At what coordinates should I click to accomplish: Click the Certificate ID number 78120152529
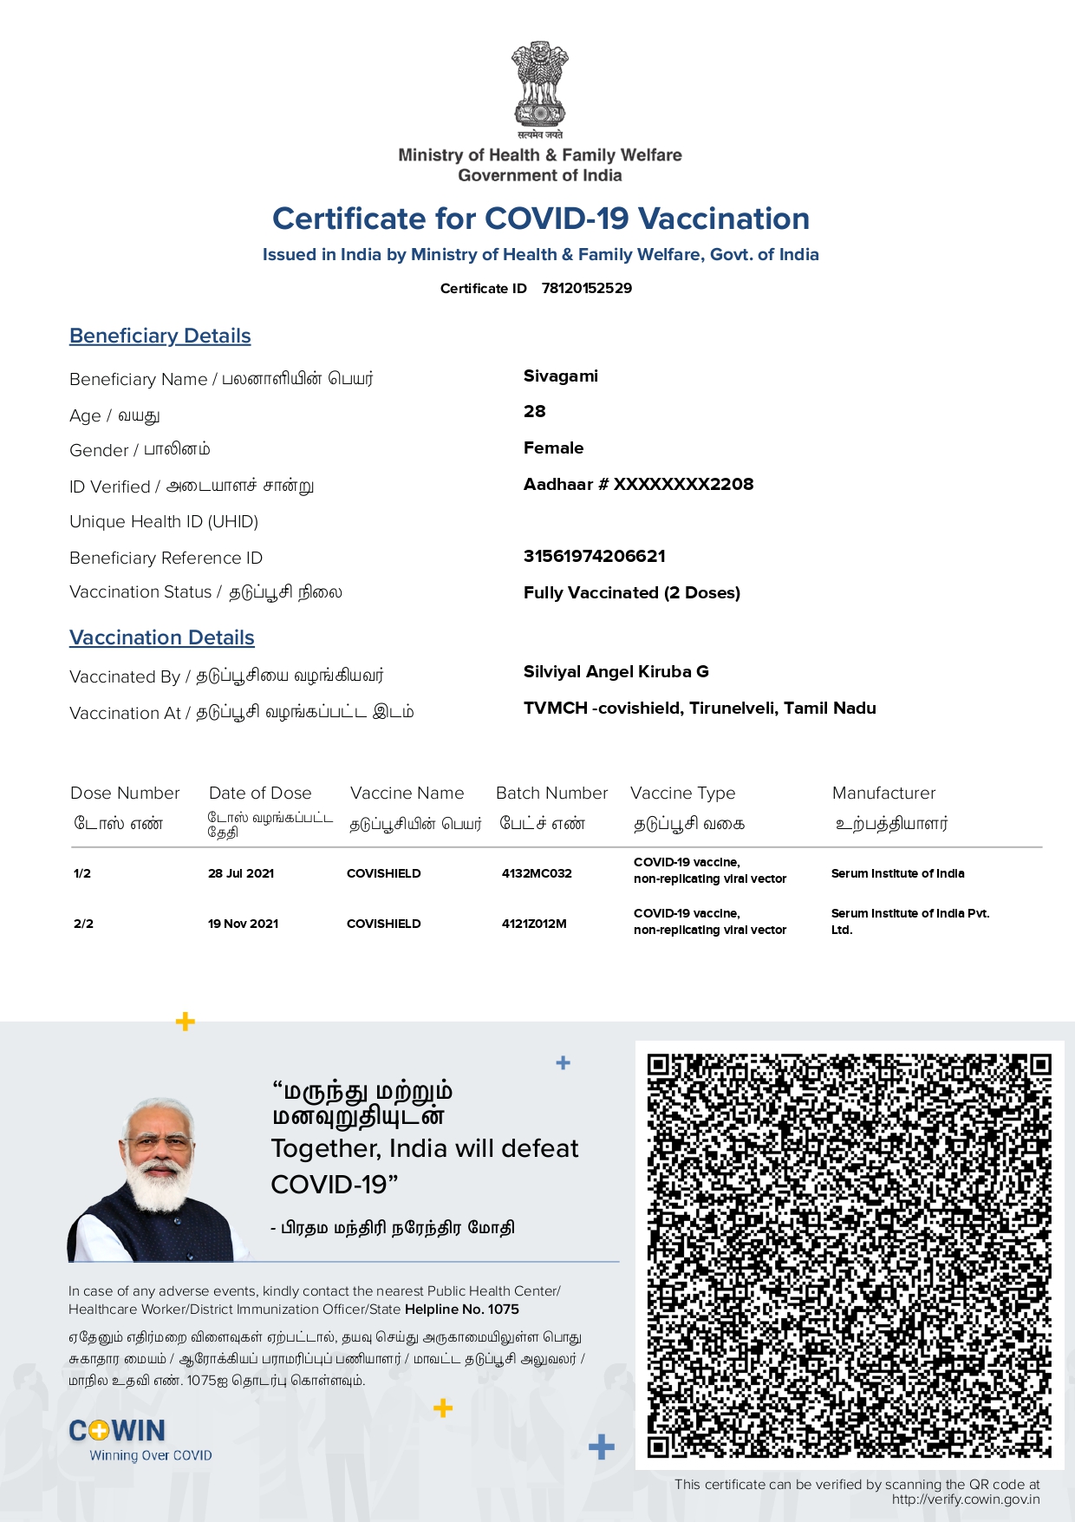pyautogui.click(x=586, y=288)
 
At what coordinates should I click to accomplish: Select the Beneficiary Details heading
pyautogui.click(x=160, y=336)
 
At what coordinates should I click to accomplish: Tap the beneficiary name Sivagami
pyautogui.click(x=560, y=376)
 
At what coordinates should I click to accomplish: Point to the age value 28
pyautogui.click(x=534, y=412)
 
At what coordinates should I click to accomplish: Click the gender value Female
pyautogui.click(x=553, y=448)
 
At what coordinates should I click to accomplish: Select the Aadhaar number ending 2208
pyautogui.click(x=638, y=484)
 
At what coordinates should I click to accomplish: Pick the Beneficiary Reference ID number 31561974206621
pyautogui.click(x=594, y=556)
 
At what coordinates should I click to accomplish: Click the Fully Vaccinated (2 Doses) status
pyautogui.click(x=631, y=593)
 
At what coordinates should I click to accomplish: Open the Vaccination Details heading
pyautogui.click(x=162, y=637)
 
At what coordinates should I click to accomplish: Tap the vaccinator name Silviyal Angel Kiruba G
pyautogui.click(x=616, y=672)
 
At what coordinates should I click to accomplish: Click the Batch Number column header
pyautogui.click(x=551, y=793)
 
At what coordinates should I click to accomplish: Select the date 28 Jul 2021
pyautogui.click(x=241, y=873)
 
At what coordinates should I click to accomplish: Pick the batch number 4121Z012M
pyautogui.click(x=534, y=924)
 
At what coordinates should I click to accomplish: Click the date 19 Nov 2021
pyautogui.click(x=243, y=924)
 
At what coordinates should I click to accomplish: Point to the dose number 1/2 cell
pyautogui.click(x=82, y=873)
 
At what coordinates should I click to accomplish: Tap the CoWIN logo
pyautogui.click(x=118, y=1431)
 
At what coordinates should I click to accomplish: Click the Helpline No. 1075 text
pyautogui.click(x=461, y=1310)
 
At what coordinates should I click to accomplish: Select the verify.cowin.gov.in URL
pyautogui.click(x=965, y=1499)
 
